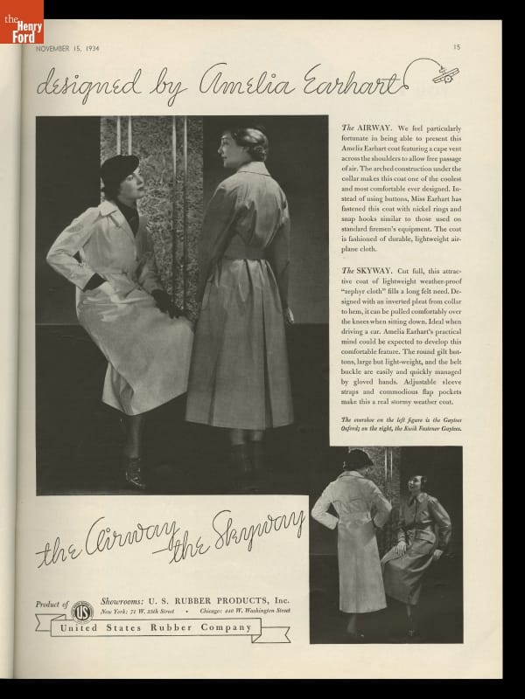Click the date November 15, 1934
click(x=67, y=48)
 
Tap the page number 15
click(x=456, y=47)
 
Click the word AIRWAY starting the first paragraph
click(x=370, y=128)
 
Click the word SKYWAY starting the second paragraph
click(x=373, y=272)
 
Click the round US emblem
click(x=82, y=612)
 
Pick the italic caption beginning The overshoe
click(x=399, y=426)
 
